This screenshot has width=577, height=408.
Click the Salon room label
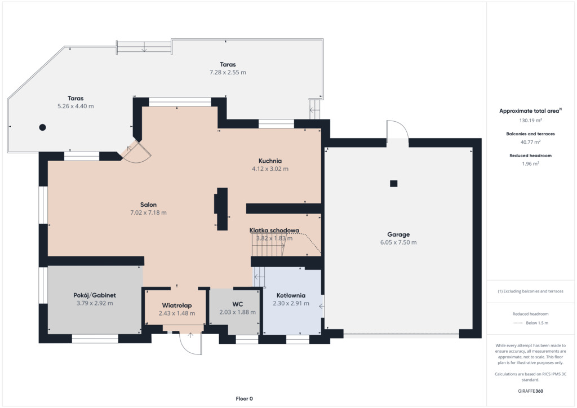pyautogui.click(x=148, y=205)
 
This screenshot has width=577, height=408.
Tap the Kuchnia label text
pyautogui.click(x=270, y=161)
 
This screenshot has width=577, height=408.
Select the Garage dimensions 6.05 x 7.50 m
pyautogui.click(x=398, y=242)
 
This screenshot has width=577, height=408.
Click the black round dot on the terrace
pyautogui.click(x=43, y=127)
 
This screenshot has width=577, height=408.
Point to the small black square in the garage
pyautogui.click(x=394, y=184)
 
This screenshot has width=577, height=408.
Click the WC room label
pyautogui.click(x=238, y=304)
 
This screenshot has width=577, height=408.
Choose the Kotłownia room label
pyautogui.click(x=291, y=295)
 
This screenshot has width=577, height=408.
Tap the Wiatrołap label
pyautogui.click(x=177, y=305)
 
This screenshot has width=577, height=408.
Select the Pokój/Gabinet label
pyautogui.click(x=95, y=295)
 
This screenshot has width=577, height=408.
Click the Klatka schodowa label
pyautogui.click(x=274, y=230)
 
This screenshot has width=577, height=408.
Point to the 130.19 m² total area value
pyautogui.click(x=531, y=120)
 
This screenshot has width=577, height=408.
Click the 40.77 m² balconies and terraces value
pyautogui.click(x=531, y=142)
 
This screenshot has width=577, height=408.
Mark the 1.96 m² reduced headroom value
pyautogui.click(x=531, y=164)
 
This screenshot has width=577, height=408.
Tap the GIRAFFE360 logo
pyautogui.click(x=531, y=391)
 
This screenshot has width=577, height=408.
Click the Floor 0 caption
pyautogui.click(x=245, y=398)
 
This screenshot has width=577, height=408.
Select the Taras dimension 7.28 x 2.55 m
pyautogui.click(x=228, y=73)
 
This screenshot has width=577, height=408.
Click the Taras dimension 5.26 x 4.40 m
pyautogui.click(x=76, y=107)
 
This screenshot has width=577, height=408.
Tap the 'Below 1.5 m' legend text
pyautogui.click(x=537, y=323)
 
